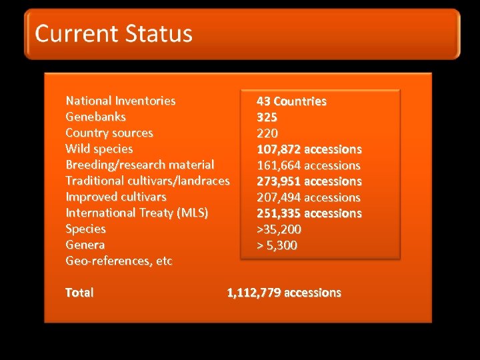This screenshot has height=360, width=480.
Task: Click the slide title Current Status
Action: pos(114,33)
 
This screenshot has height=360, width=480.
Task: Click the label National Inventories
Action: pos(121,101)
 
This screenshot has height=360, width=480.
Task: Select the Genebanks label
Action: pos(95,117)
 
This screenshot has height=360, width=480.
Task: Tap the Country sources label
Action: pos(109,133)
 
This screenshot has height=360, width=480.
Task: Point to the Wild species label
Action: pos(99,149)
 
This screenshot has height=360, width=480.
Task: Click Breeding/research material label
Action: pos(140,165)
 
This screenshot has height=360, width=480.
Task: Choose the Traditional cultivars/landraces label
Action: pos(147,181)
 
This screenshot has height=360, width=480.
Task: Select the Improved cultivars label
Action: pos(116,197)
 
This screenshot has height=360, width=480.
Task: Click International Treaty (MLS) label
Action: pos(137,213)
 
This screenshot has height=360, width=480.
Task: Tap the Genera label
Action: pos(85,245)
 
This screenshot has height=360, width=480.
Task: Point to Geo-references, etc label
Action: pos(119,261)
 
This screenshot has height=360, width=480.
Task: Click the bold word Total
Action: pos(79,292)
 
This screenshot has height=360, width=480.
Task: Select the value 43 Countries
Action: pos(291,101)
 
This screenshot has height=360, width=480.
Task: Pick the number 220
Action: pos(267,133)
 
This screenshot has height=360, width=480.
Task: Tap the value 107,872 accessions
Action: pos(309,149)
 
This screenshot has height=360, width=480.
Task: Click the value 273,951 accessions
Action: pos(309,181)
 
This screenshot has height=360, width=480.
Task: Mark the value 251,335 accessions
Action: pos(309,213)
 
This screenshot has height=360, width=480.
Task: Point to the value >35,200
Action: pos(279,229)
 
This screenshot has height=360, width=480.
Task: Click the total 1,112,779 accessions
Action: pos(284,292)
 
